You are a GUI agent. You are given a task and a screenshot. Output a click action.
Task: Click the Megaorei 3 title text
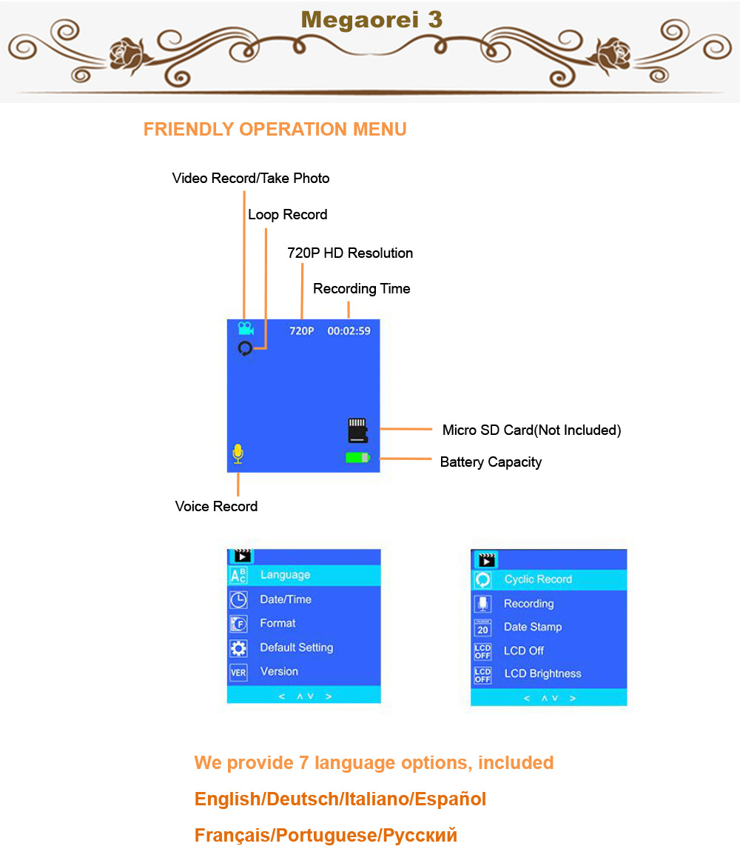click(371, 19)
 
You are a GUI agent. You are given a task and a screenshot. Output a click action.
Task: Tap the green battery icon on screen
click(357, 458)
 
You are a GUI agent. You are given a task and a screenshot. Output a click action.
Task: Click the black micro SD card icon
click(357, 430)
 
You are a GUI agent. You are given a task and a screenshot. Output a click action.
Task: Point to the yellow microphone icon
click(238, 453)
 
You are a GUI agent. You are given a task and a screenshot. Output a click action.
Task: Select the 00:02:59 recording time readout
click(349, 331)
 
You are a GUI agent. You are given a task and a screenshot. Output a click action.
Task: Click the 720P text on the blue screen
click(302, 331)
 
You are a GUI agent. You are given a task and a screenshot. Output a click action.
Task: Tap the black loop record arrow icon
click(245, 348)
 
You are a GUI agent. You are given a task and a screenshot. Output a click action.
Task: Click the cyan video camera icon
click(246, 328)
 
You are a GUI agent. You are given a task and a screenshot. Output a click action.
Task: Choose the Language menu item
click(285, 575)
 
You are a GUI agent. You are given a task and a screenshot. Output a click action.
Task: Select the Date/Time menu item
click(286, 599)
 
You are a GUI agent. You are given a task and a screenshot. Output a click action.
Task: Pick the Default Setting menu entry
click(296, 648)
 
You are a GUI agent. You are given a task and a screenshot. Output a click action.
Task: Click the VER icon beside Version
click(238, 673)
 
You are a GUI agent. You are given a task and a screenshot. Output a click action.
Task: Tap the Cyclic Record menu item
click(538, 579)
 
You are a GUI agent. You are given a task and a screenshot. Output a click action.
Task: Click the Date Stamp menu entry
click(533, 627)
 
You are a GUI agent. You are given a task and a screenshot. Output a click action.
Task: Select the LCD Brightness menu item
click(542, 673)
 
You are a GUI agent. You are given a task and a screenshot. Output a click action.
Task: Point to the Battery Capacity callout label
click(491, 462)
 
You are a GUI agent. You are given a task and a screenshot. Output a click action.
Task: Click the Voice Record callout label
click(216, 507)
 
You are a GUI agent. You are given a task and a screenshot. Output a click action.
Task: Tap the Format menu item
click(277, 623)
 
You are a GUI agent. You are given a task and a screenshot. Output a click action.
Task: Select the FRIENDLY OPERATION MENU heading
click(275, 130)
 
